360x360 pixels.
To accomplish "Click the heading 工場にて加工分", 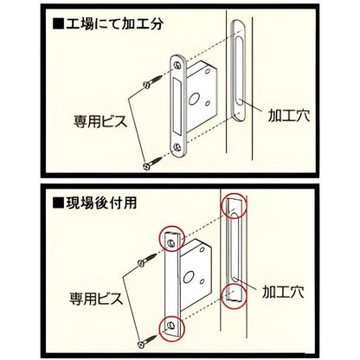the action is click(114, 23).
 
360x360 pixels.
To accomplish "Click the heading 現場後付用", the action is click(101, 203).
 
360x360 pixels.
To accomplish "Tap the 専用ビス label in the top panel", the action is click(100, 121).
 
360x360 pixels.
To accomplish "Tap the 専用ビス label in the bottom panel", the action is click(96, 299).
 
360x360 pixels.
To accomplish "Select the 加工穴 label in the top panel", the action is click(289, 115).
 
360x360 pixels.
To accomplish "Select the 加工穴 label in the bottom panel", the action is click(283, 292).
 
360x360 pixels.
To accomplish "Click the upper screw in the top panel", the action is click(152, 81).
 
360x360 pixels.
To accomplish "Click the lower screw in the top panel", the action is click(152, 163).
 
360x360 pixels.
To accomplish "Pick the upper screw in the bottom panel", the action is click(147, 259).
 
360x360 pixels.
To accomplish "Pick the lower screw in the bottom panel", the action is click(147, 340).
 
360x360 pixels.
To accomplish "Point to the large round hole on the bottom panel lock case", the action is click(187, 276).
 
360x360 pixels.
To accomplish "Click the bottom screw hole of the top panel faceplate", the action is click(177, 148).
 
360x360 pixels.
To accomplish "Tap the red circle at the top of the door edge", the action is click(235, 195).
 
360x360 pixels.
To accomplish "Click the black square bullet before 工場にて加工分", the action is click(58, 23).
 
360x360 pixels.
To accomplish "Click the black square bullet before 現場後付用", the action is click(58, 203).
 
